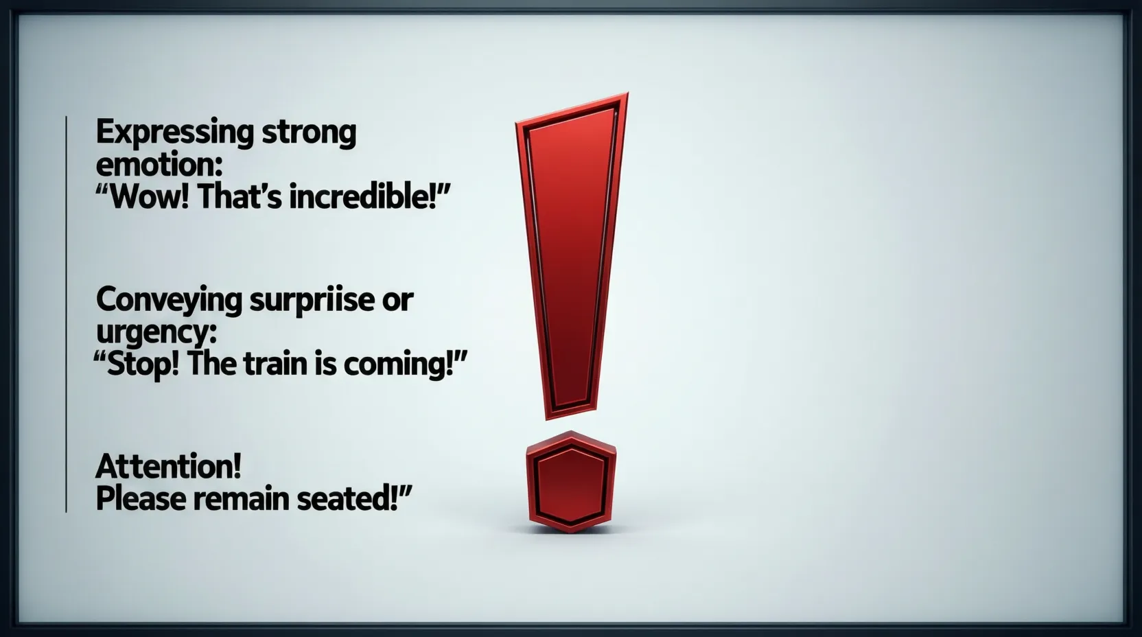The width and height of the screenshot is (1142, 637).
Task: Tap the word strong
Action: coord(309,133)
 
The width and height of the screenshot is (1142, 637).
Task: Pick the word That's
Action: coord(240,197)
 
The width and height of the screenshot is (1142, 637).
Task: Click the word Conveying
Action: coord(170,301)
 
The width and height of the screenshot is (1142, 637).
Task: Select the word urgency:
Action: coord(156,332)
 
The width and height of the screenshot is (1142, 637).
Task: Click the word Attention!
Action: coord(168,466)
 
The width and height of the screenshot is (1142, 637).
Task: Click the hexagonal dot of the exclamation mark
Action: coord(571,482)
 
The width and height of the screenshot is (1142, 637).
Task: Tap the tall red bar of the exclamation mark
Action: coord(572,255)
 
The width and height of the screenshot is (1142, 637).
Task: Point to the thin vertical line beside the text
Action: coord(67,314)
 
